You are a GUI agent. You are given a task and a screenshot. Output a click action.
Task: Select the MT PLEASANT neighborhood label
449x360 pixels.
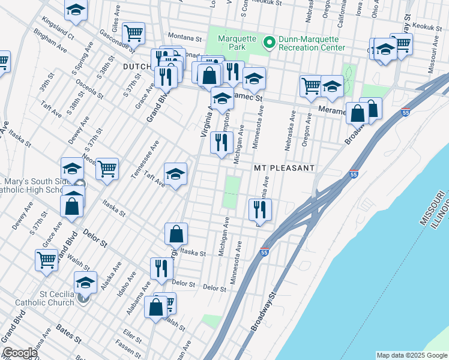[x=284, y=168]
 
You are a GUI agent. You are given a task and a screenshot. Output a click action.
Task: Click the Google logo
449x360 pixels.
[x=19, y=353]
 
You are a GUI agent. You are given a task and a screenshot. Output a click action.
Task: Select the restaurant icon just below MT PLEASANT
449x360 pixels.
[x=260, y=209]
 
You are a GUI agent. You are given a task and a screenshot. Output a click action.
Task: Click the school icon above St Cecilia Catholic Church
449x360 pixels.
[x=85, y=281]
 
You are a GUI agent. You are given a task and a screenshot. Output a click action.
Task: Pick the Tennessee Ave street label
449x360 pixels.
[x=145, y=160]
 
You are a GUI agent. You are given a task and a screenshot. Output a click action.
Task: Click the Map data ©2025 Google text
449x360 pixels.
[x=411, y=355]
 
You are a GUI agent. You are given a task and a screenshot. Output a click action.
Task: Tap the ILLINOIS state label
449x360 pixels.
[x=442, y=216]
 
